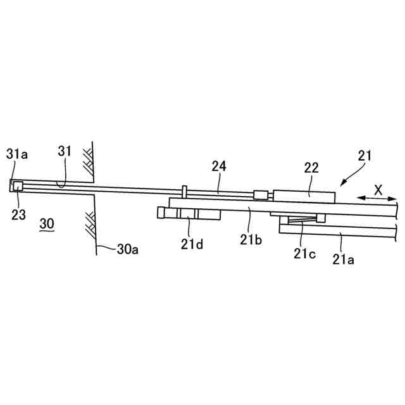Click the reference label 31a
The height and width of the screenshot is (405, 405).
[17, 154]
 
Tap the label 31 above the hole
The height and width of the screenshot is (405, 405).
[65, 151]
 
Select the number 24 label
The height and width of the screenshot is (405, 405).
[219, 166]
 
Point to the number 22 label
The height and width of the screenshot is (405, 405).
[311, 168]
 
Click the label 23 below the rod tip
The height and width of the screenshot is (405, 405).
[18, 215]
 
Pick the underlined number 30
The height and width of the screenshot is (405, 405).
[47, 223]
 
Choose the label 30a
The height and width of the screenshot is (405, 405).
[128, 249]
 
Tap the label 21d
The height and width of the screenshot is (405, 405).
[192, 244]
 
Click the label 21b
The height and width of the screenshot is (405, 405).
[251, 240]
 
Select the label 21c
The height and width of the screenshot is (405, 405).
[304, 254]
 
